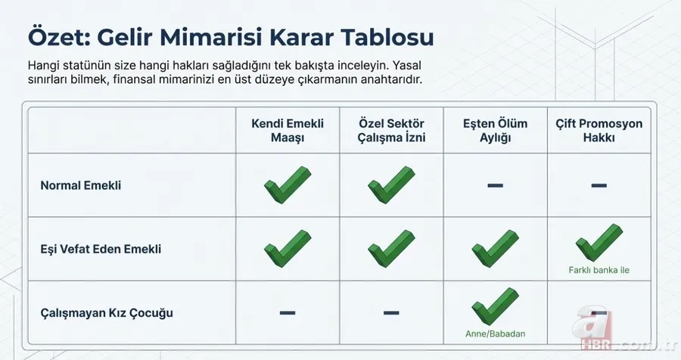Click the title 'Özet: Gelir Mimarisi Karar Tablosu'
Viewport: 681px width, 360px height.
[x=231, y=37]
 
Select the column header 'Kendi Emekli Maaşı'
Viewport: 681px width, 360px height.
[x=288, y=131]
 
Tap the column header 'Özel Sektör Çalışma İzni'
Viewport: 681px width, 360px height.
[x=391, y=131]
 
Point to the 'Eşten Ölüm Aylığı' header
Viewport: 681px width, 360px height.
[x=495, y=131]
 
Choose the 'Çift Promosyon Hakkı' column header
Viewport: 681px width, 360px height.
[x=599, y=131]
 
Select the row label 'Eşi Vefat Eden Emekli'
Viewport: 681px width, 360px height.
[x=101, y=249]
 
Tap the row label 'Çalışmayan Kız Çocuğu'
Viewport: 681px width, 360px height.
[x=103, y=312]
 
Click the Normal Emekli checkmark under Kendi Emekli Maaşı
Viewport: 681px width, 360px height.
[x=288, y=185]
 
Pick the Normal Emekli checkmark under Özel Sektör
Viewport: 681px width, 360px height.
[x=391, y=185]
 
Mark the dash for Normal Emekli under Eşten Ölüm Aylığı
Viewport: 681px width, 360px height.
[x=495, y=185]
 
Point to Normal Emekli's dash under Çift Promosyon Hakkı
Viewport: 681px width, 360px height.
[x=599, y=185]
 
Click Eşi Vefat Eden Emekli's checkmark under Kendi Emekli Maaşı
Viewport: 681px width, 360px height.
[x=288, y=248]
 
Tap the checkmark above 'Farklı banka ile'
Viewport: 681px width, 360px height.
[x=599, y=243]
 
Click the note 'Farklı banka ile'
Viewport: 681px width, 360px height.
[x=599, y=270]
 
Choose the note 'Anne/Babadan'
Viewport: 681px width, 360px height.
[x=495, y=333]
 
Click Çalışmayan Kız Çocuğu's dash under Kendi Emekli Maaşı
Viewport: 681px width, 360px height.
[x=288, y=312]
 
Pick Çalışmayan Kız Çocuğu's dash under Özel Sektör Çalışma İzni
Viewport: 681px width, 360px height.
[x=391, y=312]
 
